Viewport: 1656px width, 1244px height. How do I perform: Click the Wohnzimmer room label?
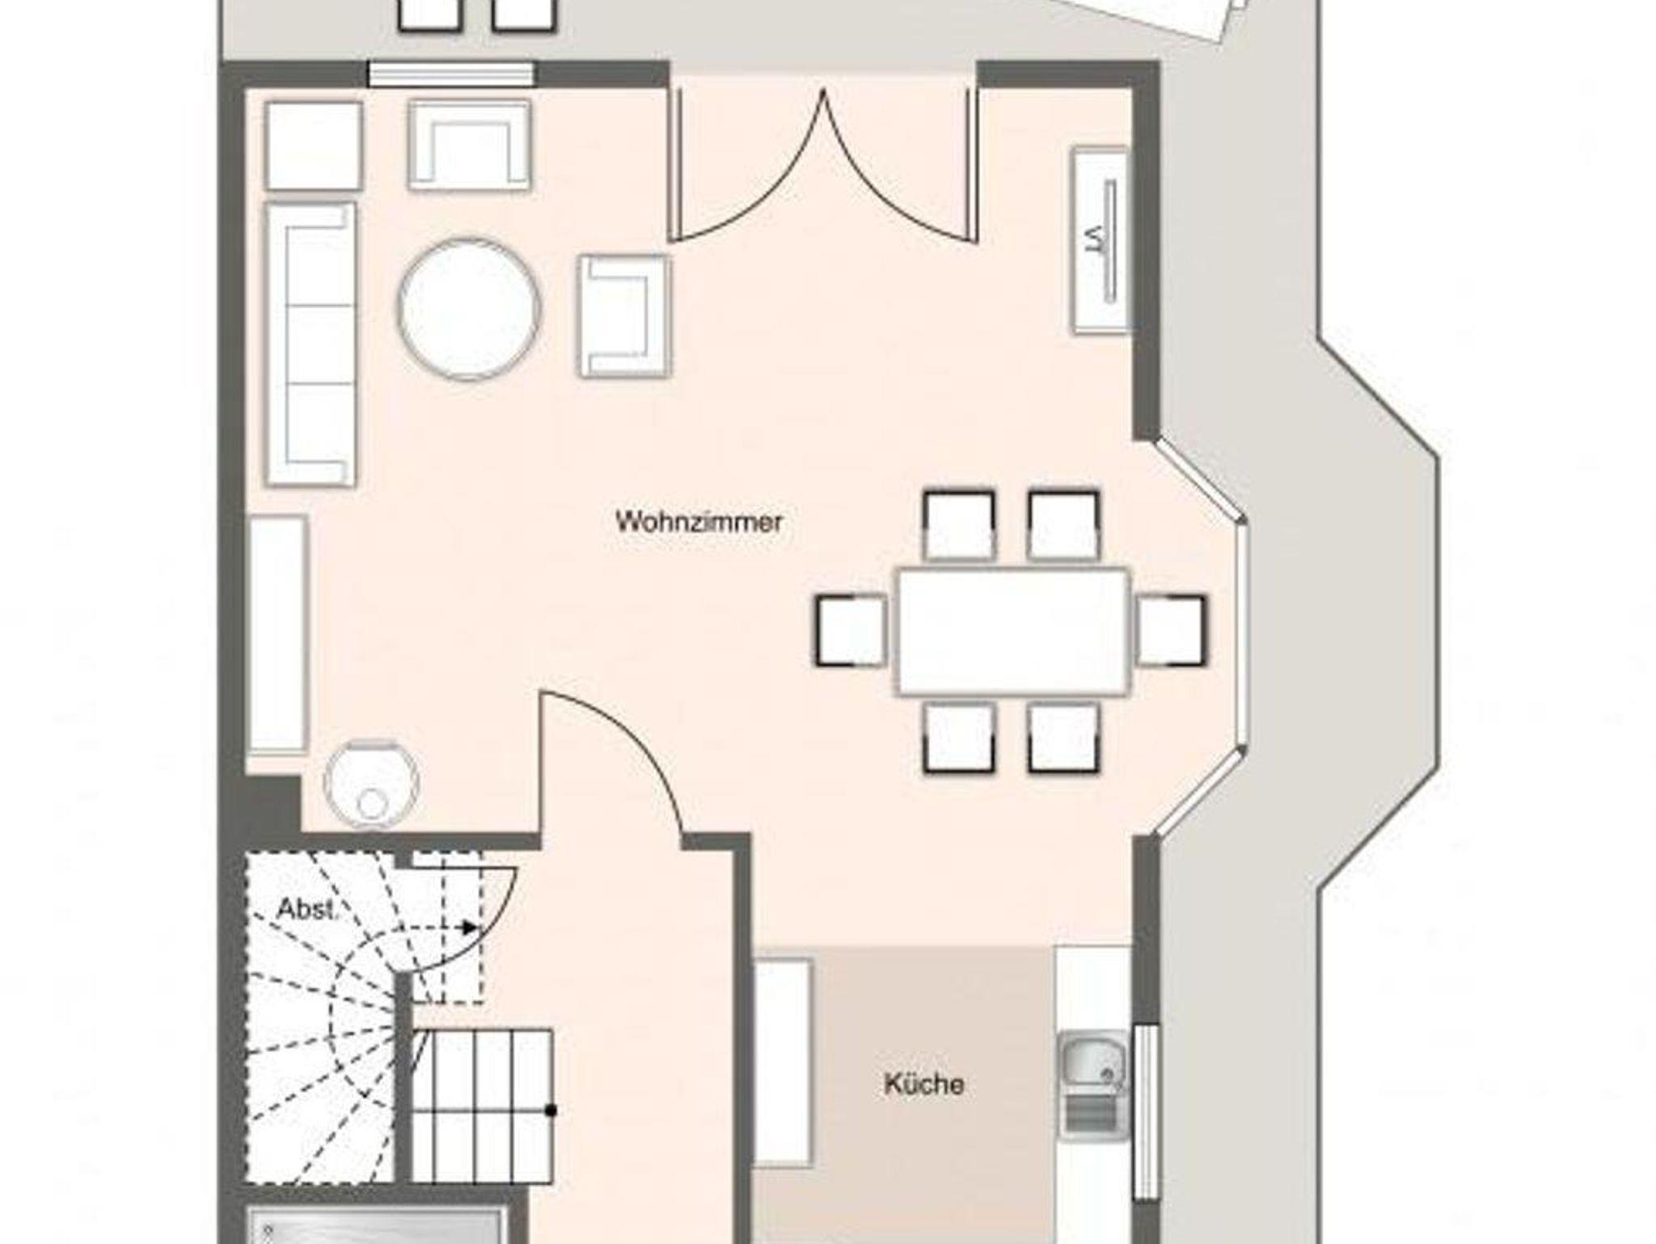[x=699, y=522]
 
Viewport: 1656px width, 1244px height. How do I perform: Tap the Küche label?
[x=923, y=1084]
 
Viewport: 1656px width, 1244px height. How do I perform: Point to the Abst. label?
[x=306, y=909]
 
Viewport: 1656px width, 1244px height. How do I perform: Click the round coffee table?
[x=468, y=309]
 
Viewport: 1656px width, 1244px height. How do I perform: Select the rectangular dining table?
[x=1012, y=631]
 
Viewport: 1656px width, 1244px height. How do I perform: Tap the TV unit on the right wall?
[x=1100, y=240]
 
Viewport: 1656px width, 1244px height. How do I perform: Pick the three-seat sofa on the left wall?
[x=310, y=345]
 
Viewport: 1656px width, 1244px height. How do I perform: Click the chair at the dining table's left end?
[x=851, y=630]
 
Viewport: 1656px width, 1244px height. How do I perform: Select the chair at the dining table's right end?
[x=1171, y=630]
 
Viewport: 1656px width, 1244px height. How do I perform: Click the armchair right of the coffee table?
[x=624, y=316]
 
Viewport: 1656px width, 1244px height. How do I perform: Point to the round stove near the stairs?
[x=371, y=785]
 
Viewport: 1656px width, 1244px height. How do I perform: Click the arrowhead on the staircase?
[x=469, y=927]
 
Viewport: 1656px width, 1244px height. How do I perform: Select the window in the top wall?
[x=451, y=74]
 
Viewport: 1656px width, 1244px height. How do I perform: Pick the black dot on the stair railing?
[x=551, y=1110]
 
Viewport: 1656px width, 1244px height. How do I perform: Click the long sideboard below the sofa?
[x=278, y=636]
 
